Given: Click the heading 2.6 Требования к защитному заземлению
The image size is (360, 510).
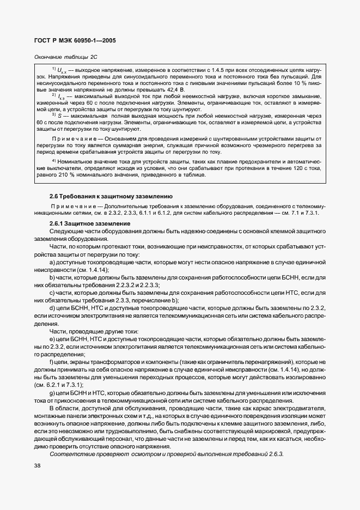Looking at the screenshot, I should pos(111,195).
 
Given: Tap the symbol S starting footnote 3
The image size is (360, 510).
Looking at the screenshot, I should pos(59,115).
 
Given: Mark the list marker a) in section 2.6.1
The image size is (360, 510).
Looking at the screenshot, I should pos(53,262).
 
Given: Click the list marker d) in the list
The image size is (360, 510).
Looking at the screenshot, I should pos(53,307).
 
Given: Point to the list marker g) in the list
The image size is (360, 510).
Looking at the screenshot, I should pos(53,393).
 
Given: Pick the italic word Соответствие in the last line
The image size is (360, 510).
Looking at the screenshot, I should pos(70,453).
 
